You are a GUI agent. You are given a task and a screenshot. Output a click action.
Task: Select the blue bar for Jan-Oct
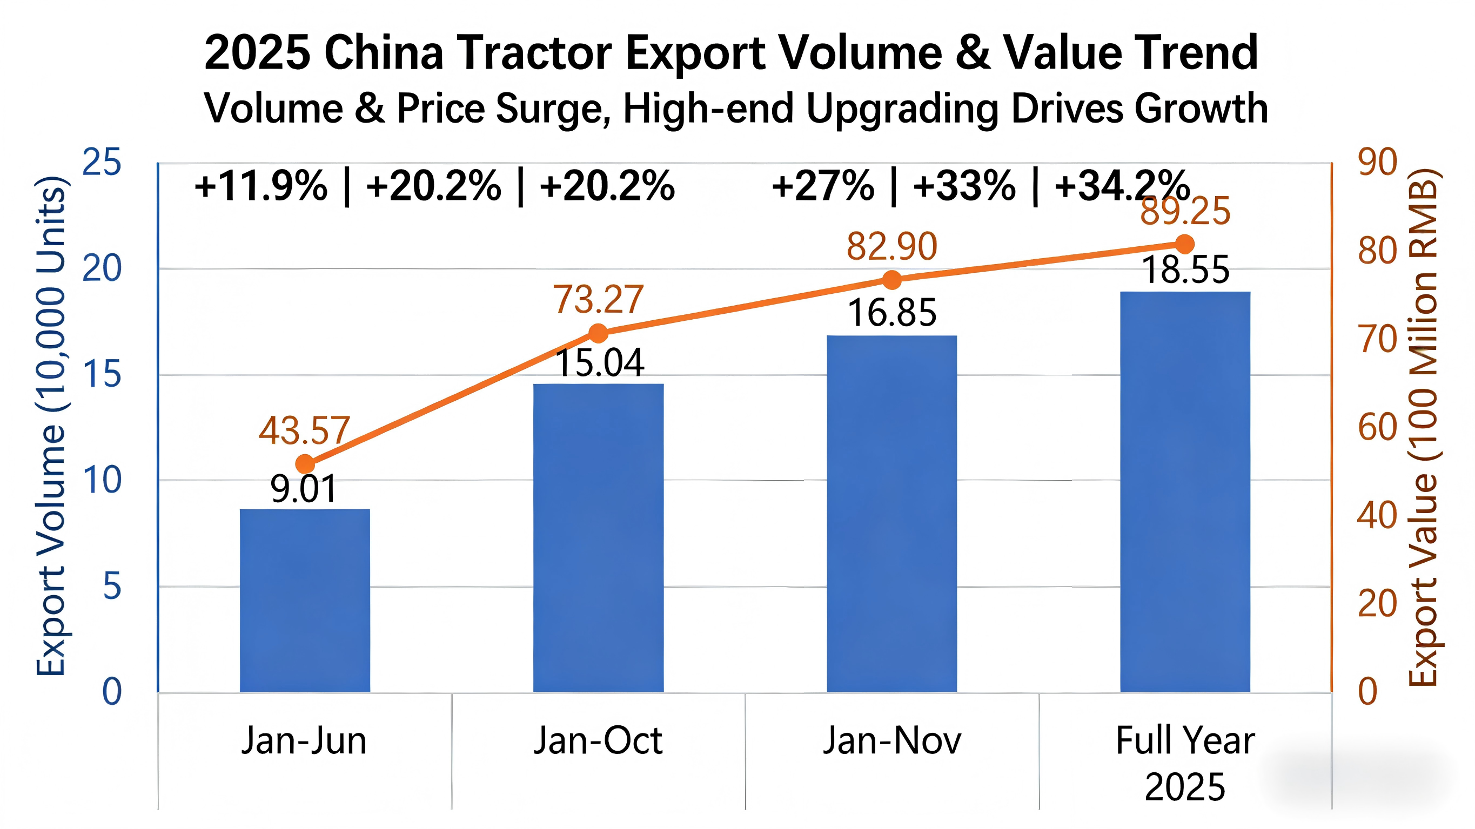[598, 537]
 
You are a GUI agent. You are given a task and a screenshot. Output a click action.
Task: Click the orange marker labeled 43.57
[305, 464]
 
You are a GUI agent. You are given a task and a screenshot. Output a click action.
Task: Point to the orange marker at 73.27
[598, 333]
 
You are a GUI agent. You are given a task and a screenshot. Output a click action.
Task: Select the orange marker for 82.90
[891, 280]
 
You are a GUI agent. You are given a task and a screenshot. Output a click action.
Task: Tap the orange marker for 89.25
[1185, 245]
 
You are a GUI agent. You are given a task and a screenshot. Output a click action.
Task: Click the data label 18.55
[1185, 270]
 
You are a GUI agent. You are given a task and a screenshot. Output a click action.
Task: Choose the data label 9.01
[304, 489]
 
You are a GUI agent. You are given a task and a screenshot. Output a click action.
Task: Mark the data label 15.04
[600, 363]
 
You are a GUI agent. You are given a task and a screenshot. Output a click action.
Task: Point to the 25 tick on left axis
[102, 163]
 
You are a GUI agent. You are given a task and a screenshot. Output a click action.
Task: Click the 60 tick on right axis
[1377, 427]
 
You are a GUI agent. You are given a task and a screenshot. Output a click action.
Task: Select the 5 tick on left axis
[112, 587]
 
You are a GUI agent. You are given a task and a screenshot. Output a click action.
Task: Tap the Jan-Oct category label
[598, 741]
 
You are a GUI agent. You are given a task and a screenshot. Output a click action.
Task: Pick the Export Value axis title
[1424, 427]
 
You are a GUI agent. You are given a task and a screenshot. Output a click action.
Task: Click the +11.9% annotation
[260, 186]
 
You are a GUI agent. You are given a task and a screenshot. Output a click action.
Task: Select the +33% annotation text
[964, 186]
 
